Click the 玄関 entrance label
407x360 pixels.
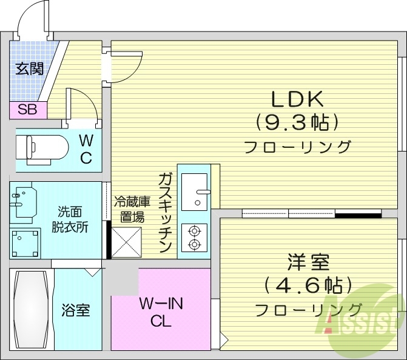(29, 68)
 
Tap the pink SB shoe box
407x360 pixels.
(27, 110)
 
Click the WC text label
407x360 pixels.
(86, 149)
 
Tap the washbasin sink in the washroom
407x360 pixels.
(24, 201)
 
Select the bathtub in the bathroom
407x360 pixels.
(32, 309)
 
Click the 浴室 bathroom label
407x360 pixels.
(76, 311)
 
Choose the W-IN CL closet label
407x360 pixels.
(161, 312)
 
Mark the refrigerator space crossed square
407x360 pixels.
(126, 242)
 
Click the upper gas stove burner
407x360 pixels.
(195, 230)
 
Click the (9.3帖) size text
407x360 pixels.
(297, 123)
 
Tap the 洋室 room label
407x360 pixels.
(308, 262)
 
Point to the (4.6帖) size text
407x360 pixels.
(308, 285)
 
